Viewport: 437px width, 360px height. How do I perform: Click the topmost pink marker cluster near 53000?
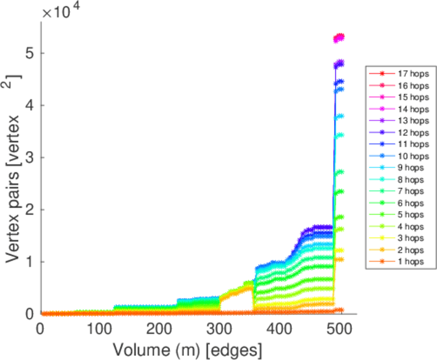pyautogui.click(x=339, y=38)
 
